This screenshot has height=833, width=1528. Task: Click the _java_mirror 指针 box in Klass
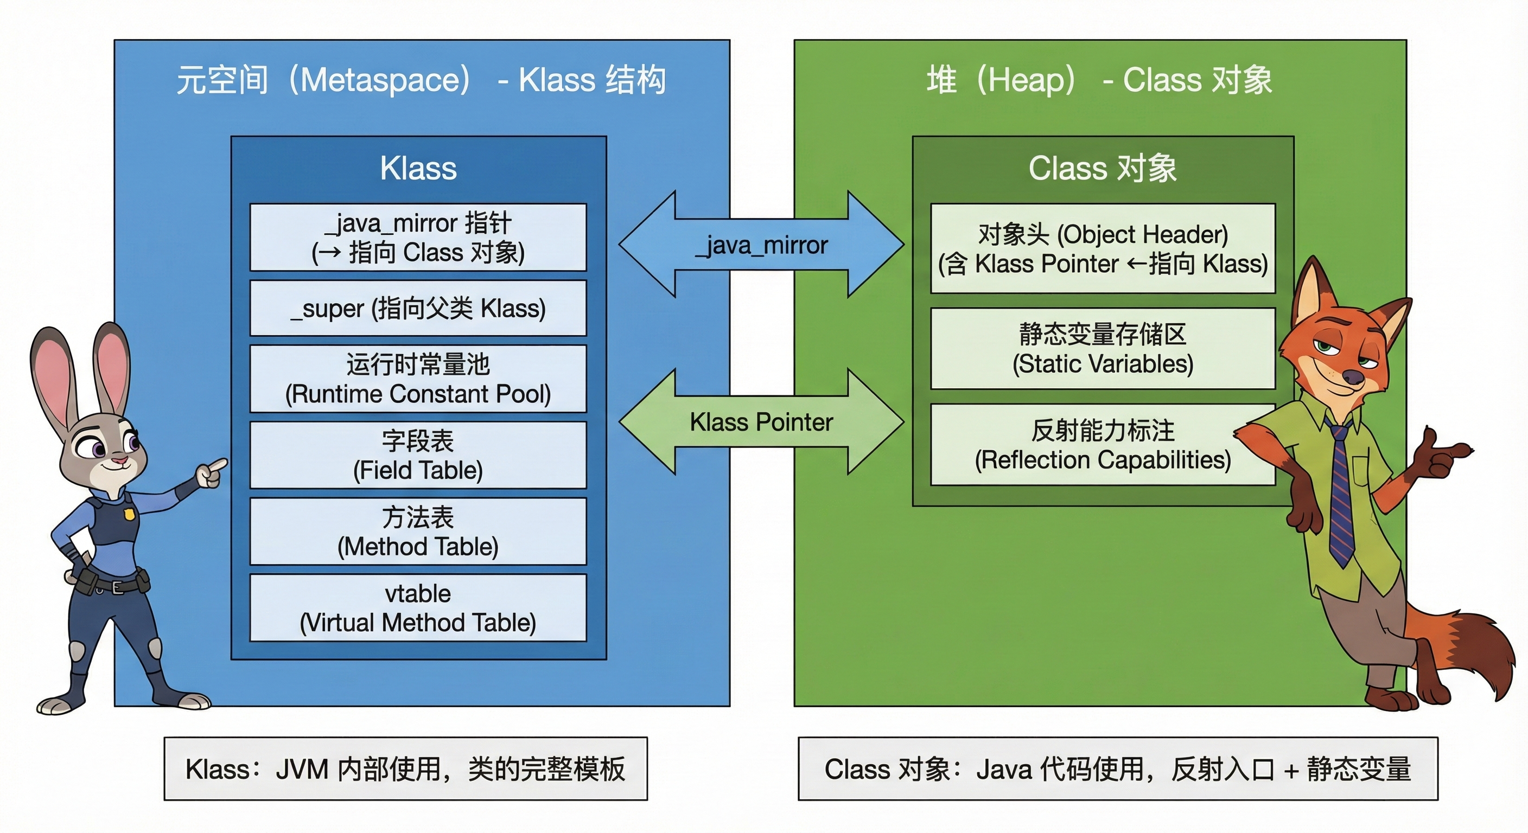418,237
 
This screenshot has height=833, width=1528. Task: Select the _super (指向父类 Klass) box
418,308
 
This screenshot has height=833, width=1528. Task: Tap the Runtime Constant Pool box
418,379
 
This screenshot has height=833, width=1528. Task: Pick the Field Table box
418,456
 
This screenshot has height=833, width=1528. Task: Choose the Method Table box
418,531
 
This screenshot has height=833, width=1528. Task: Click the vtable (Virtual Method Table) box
418,608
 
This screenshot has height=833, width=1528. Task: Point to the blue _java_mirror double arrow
761,244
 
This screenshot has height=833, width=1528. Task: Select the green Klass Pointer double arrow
761,421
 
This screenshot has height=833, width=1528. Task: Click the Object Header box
1102,248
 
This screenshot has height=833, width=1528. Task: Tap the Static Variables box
1102,349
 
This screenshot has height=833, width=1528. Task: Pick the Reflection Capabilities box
1102,445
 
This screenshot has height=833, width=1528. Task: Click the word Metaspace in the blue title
384,80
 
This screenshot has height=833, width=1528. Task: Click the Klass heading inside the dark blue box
418,168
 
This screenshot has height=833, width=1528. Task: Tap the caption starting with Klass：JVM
405,769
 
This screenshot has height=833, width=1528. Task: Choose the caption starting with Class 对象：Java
1118,769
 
